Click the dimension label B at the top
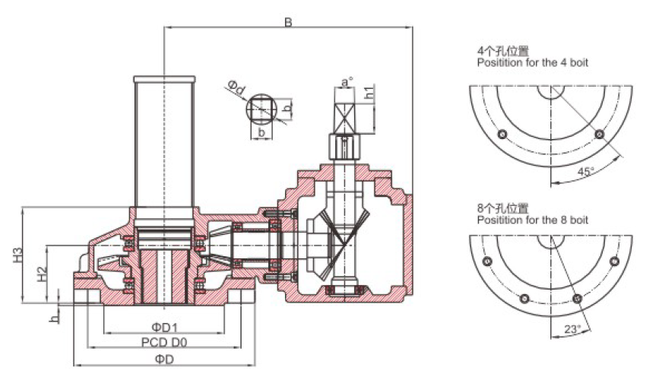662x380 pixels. tap(288, 21)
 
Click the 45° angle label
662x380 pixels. tap(584, 172)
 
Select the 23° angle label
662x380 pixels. tap(572, 328)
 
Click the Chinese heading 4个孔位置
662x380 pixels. tap(502, 52)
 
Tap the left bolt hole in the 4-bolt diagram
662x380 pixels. tap(501, 135)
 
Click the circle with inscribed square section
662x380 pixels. tap(261, 109)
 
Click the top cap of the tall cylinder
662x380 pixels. tap(164, 79)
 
